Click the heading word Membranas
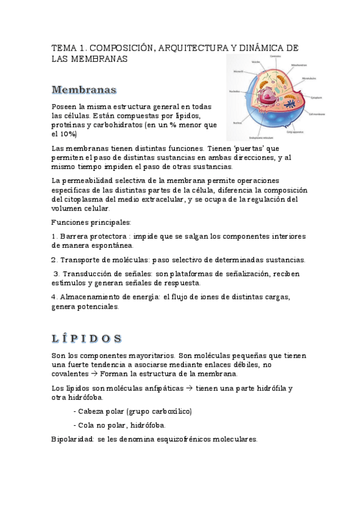(x=84, y=90)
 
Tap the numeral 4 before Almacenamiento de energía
(x=54, y=296)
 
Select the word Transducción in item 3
(x=82, y=274)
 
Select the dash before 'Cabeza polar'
(x=74, y=411)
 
